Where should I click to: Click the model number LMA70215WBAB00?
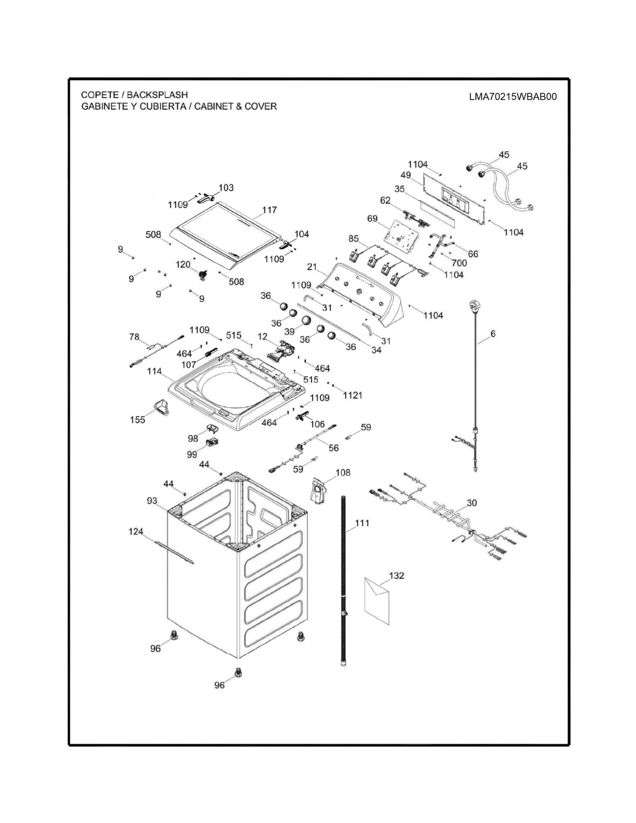click(x=513, y=97)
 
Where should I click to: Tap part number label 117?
click(x=269, y=210)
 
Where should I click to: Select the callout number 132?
click(x=396, y=576)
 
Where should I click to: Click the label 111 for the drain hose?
click(x=362, y=523)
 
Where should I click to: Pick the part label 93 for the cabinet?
click(x=152, y=501)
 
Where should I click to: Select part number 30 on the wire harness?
click(x=472, y=503)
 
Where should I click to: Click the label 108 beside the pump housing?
click(x=343, y=473)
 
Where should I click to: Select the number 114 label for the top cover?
click(x=154, y=371)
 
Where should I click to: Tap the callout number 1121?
click(x=353, y=395)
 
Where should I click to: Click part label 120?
click(x=183, y=265)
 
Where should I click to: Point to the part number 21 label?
click(x=312, y=267)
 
